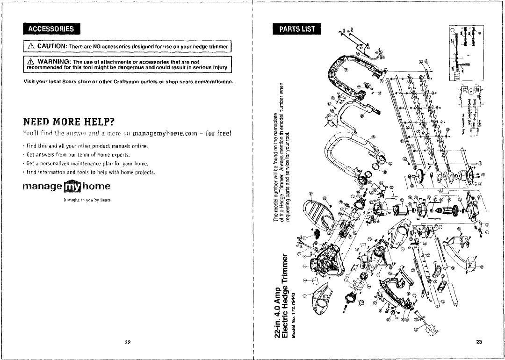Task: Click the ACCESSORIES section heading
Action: pos(51,28)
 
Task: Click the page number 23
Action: pos(479,342)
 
